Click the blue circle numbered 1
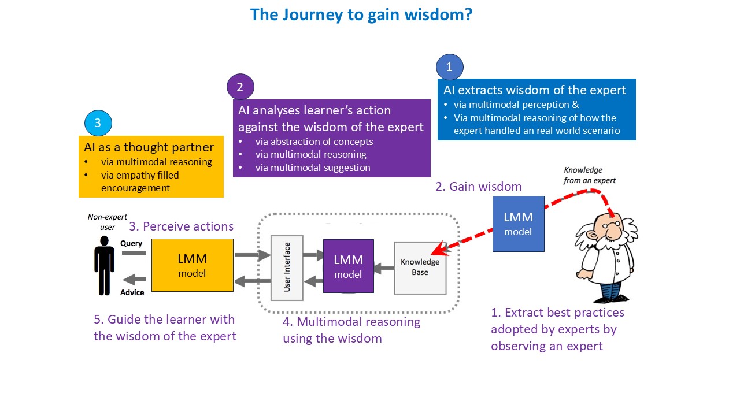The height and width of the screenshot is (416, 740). (449, 67)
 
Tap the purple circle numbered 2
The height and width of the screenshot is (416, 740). (240, 87)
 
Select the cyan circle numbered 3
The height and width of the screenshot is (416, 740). (98, 123)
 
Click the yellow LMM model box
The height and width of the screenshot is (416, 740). (193, 265)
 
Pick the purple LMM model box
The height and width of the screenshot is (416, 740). (349, 266)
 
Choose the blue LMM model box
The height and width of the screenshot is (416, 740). (519, 224)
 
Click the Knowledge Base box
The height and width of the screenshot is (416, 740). (420, 268)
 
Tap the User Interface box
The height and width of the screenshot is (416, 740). (287, 268)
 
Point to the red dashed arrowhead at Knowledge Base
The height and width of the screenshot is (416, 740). (439, 248)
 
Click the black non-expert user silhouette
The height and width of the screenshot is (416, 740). (105, 265)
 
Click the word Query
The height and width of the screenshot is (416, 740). (131, 243)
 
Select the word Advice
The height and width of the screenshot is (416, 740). (132, 292)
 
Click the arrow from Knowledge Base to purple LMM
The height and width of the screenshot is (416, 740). (384, 268)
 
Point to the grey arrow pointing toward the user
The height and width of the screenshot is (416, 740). (134, 279)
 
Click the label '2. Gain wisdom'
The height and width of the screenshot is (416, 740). (479, 187)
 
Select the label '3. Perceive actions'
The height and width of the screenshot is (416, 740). (182, 226)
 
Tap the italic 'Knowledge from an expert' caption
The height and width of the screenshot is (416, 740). (590, 175)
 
